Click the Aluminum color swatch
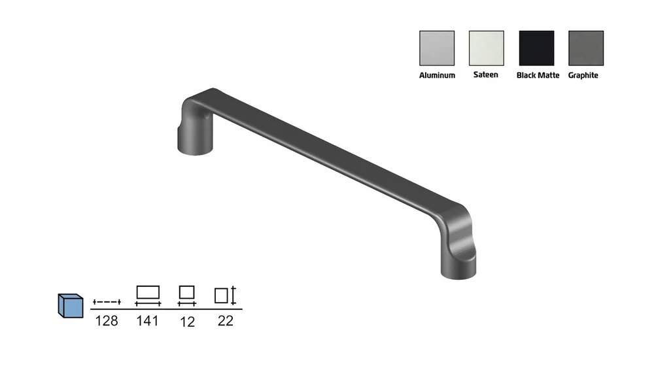(x=437, y=48)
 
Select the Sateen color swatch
(x=487, y=48)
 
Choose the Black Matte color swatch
(x=536, y=48)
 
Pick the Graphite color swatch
(x=586, y=48)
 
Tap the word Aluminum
(x=437, y=75)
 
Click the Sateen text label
(x=485, y=75)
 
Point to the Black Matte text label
(x=538, y=75)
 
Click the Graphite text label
(x=583, y=75)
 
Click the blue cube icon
(x=71, y=306)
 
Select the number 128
(x=107, y=321)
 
